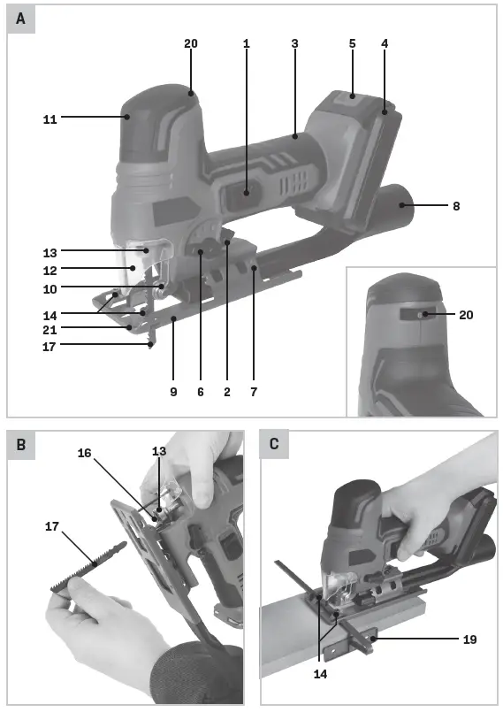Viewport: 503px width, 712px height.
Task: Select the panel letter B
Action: coord(20,445)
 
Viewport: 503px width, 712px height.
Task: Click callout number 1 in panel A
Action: coord(247,43)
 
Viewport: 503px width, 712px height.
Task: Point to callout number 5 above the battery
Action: coord(352,43)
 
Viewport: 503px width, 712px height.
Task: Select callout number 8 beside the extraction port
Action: coord(455,206)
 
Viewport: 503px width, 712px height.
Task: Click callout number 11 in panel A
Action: coord(50,118)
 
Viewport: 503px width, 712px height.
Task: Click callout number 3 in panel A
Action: coord(294,43)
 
